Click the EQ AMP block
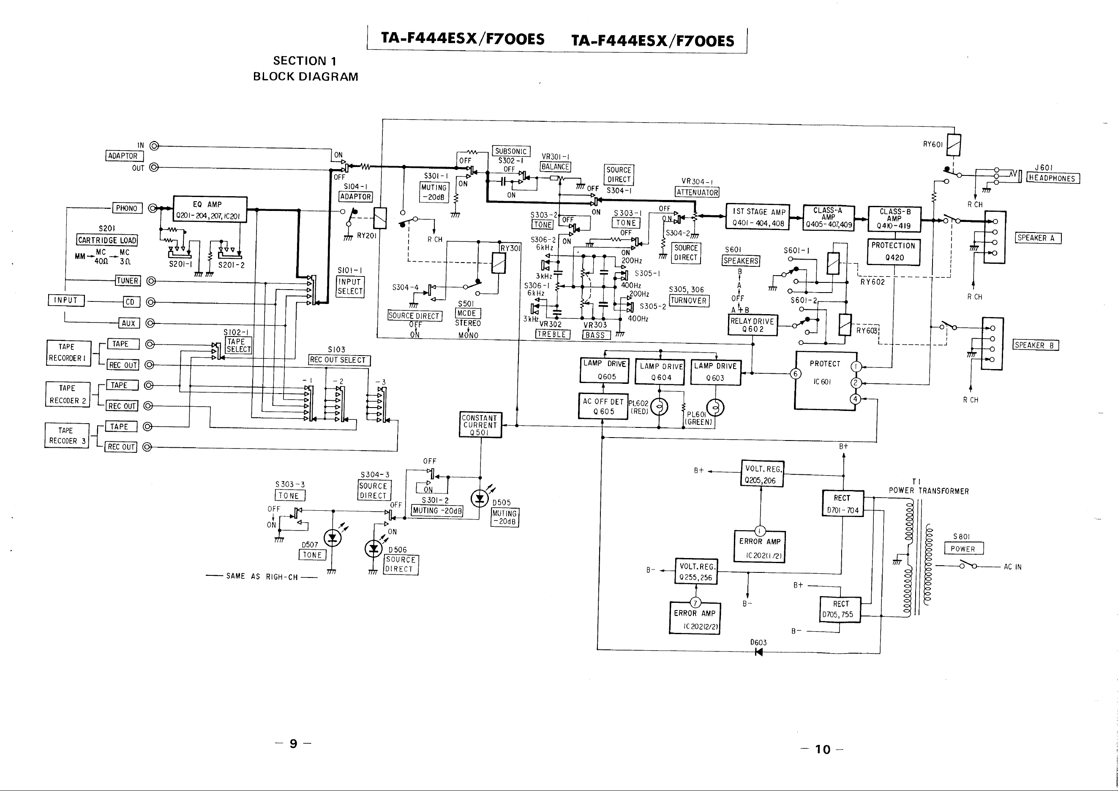tap(210, 209)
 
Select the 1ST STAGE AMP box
tap(758, 217)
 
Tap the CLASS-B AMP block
tap(894, 219)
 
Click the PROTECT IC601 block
tap(825, 380)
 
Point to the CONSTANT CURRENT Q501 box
tap(480, 425)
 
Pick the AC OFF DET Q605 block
tap(603, 406)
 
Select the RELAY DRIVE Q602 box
tap(753, 325)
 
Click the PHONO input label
tap(127, 208)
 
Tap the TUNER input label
tap(128, 281)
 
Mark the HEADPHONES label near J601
tap(1052, 178)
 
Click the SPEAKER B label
tap(1036, 345)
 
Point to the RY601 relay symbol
tap(953, 145)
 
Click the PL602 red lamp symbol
tap(659, 407)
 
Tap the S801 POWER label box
tap(964, 548)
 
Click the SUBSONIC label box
tap(511, 151)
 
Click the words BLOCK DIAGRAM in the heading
tap(305, 77)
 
